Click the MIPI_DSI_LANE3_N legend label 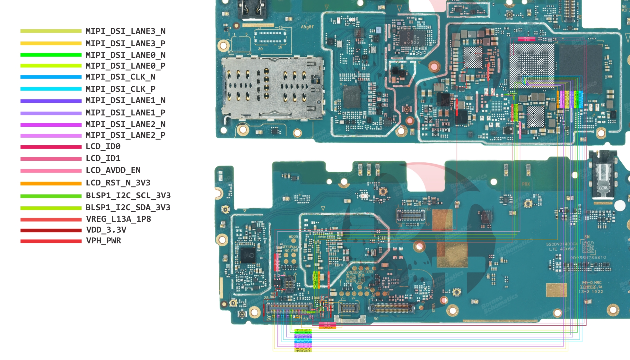(x=125, y=31)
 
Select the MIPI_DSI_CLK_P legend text (x=120, y=89)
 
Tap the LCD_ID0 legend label (x=103, y=147)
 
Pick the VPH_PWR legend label (x=104, y=241)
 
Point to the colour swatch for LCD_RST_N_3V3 (x=51, y=184)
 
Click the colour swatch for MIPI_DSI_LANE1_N (x=51, y=101)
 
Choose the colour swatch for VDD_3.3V (x=51, y=230)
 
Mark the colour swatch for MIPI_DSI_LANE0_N (x=51, y=55)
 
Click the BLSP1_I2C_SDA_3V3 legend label (x=128, y=208)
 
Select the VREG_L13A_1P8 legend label (x=118, y=219)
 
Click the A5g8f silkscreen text (x=307, y=27)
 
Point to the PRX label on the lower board (x=526, y=184)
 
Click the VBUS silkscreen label (x=433, y=307)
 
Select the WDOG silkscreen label (x=293, y=237)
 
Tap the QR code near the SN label (x=588, y=247)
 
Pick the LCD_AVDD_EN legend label (x=113, y=170)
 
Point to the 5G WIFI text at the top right (x=625, y=8)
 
